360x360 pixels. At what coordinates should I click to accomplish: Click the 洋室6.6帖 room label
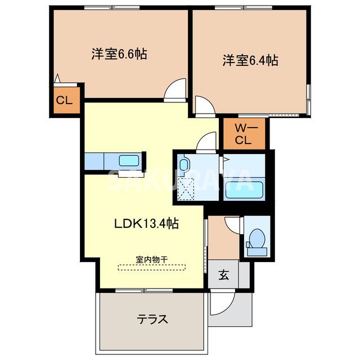119,55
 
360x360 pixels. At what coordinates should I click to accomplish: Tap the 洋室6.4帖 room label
250,60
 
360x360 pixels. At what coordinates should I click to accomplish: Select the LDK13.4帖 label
147,223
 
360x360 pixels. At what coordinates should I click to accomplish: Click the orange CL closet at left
64,101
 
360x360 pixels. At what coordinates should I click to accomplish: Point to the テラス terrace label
152,319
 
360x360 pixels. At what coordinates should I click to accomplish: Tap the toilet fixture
256,238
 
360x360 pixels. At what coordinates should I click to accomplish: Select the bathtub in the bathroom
244,188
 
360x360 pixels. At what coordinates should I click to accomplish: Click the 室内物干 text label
152,259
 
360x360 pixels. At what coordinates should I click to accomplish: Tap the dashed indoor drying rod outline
152,268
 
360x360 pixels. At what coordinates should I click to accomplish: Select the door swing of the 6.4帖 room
204,105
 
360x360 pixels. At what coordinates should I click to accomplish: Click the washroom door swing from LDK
206,142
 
